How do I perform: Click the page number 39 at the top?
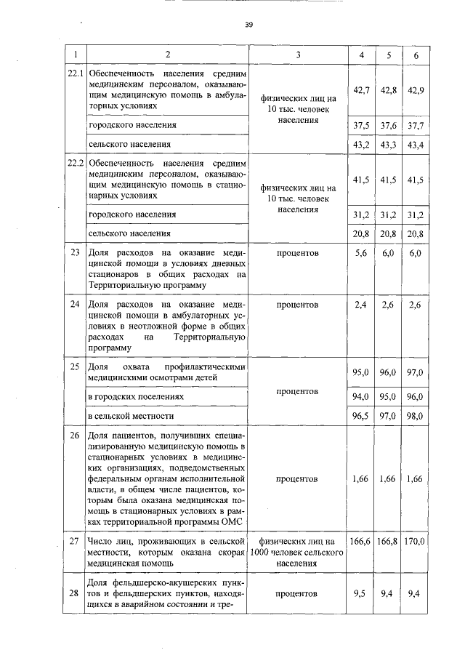[248, 25]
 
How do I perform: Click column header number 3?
[297, 55]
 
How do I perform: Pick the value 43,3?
[389, 145]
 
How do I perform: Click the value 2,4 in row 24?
[361, 305]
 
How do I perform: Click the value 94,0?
[361, 397]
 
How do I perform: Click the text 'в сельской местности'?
[131, 416]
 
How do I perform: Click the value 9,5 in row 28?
[361, 593]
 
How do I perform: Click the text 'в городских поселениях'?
[135, 397]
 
